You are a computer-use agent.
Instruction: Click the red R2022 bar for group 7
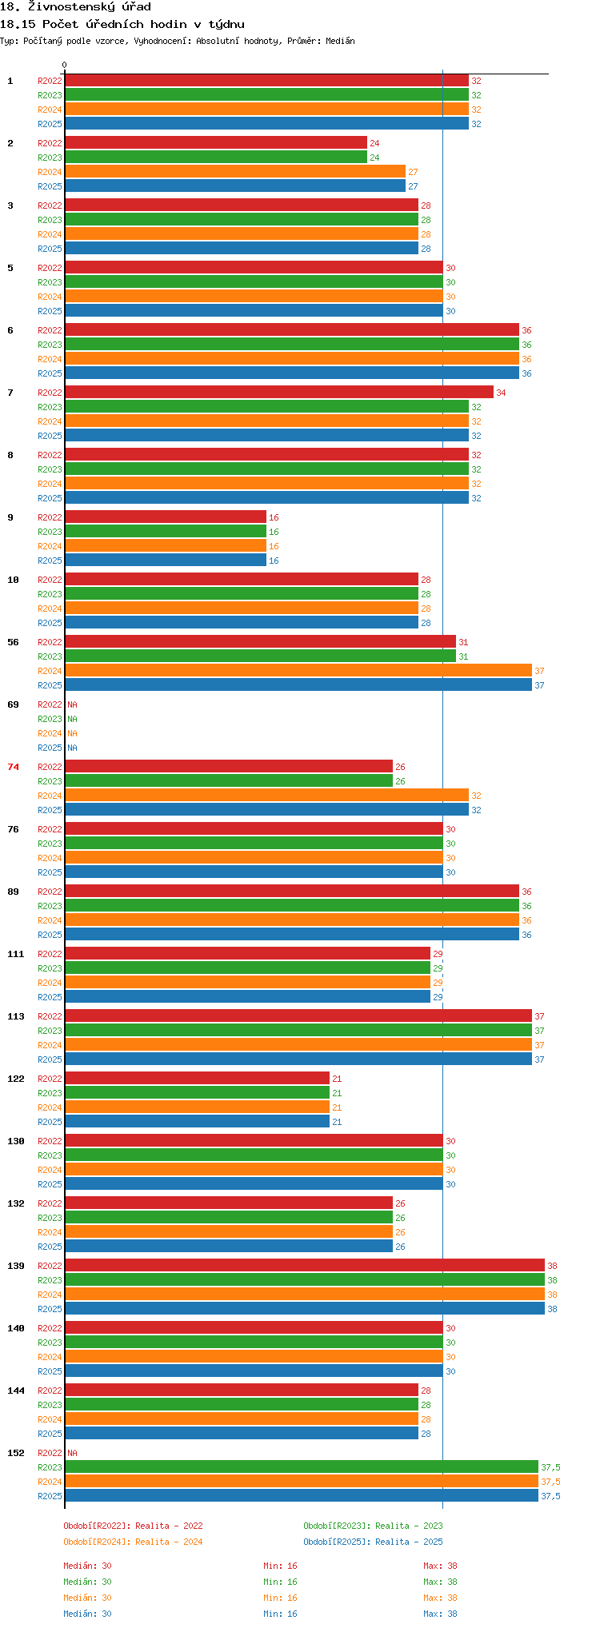click(x=278, y=393)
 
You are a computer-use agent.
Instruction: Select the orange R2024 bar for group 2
click(x=235, y=172)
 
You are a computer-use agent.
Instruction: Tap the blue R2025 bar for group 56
click(x=298, y=685)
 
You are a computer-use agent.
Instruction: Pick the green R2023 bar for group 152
click(x=301, y=1467)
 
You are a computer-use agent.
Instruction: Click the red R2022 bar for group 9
click(x=165, y=517)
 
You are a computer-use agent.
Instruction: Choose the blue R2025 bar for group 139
click(x=304, y=1309)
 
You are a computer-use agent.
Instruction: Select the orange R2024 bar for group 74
click(x=266, y=796)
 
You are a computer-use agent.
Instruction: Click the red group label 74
click(x=13, y=767)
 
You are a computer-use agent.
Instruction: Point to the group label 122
click(x=16, y=1079)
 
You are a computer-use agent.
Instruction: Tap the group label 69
click(x=13, y=704)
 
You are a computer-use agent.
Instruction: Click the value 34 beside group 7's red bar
click(x=501, y=393)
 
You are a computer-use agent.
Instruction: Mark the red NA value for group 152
click(x=72, y=1453)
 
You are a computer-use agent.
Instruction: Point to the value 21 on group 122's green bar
click(x=337, y=1093)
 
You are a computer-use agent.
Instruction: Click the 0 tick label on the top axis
click(x=65, y=66)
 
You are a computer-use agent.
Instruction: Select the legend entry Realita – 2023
click(x=373, y=1526)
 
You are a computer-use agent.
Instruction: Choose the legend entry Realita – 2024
click(x=133, y=1542)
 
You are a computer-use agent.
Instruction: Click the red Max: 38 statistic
click(x=440, y=1566)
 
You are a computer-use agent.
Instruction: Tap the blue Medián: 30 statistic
click(x=87, y=1614)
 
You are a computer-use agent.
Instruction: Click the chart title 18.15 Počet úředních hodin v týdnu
click(x=122, y=24)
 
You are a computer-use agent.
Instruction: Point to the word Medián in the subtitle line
click(x=340, y=41)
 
